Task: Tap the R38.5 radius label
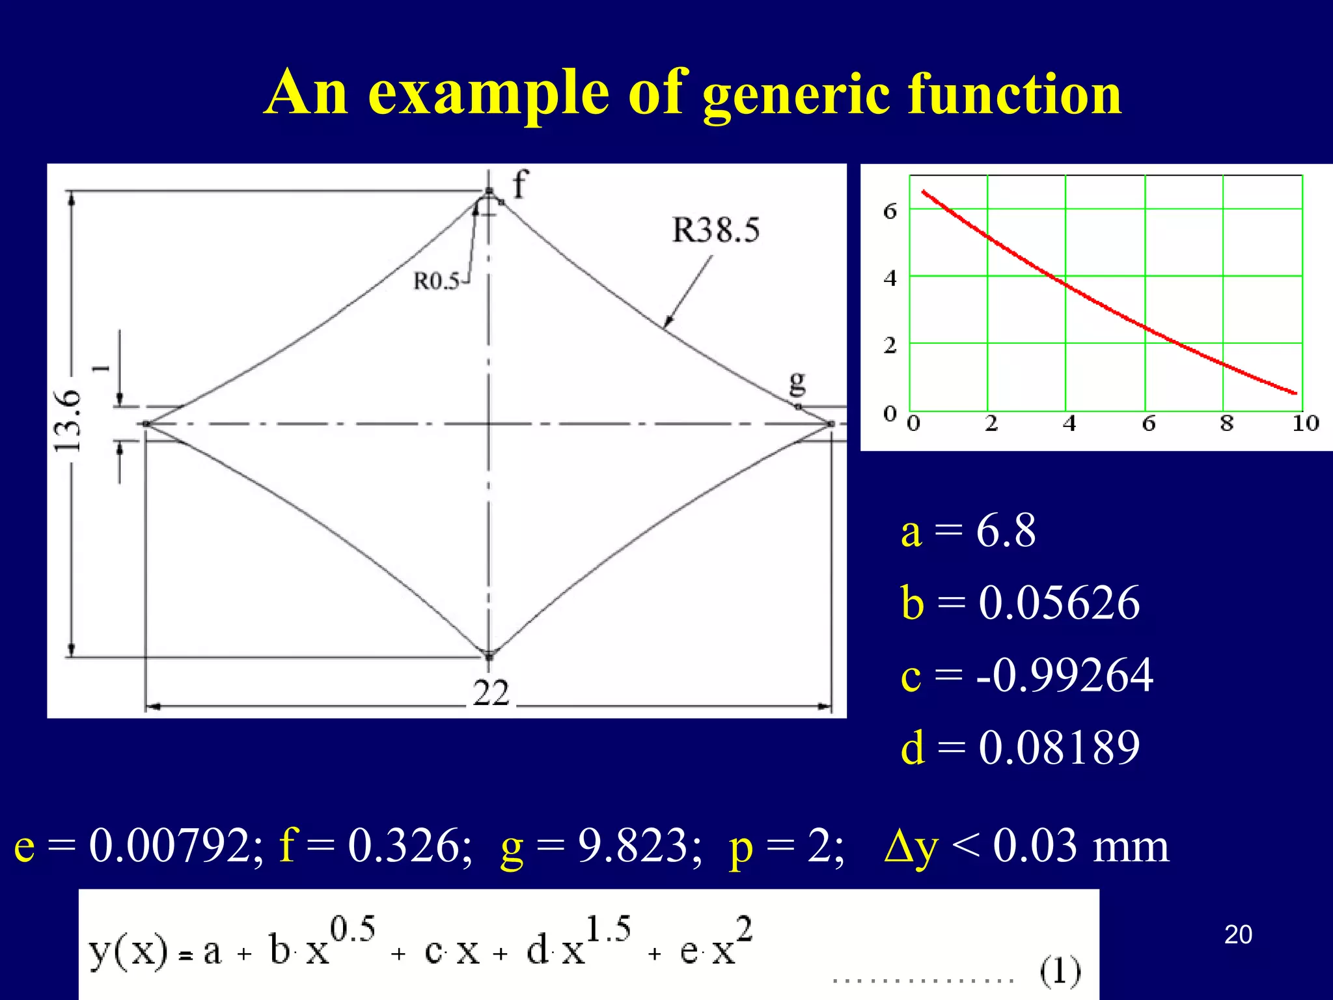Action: click(715, 230)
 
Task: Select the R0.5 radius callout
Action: click(437, 281)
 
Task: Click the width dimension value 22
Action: click(491, 693)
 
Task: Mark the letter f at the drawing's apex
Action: click(520, 184)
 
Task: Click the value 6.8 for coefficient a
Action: click(1006, 531)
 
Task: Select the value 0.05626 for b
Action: click(1059, 602)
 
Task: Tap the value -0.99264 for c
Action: click(1065, 675)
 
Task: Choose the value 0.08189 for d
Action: click(1059, 747)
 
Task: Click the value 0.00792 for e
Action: click(176, 846)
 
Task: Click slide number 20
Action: click(1238, 935)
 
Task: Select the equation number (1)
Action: click(1060, 971)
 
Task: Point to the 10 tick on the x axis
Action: click(1305, 424)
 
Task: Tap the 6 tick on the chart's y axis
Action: click(890, 211)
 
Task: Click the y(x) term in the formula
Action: click(128, 952)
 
